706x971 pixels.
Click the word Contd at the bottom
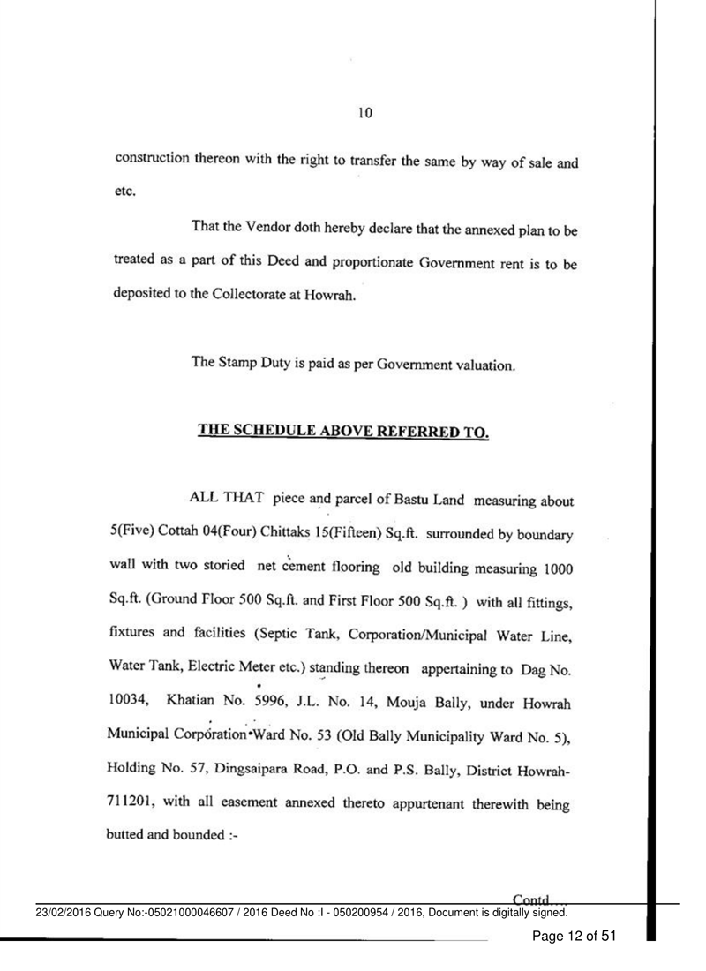[530, 895]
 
